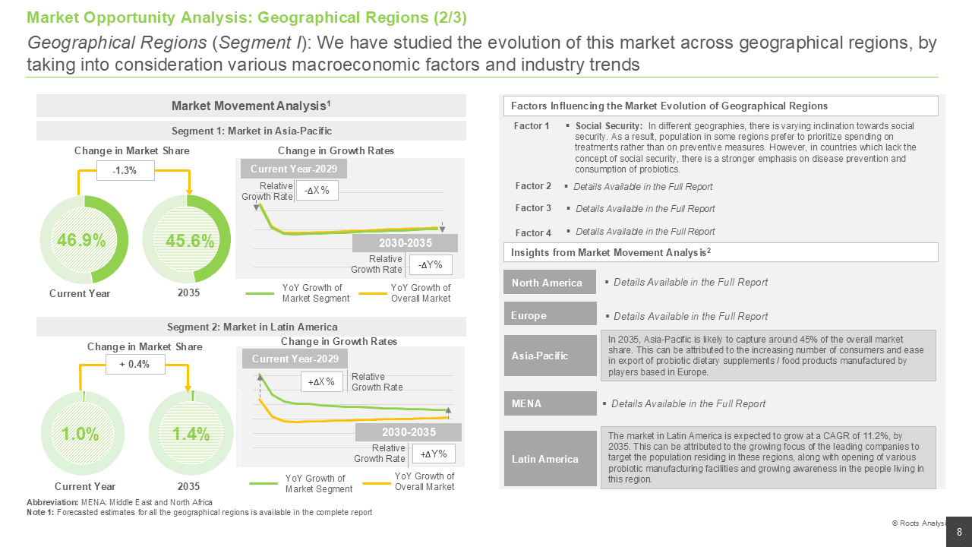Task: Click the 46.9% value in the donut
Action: point(81,240)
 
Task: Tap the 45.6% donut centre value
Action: point(190,241)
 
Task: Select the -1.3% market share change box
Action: point(125,171)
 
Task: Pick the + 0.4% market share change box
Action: point(135,364)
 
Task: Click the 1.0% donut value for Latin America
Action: point(80,434)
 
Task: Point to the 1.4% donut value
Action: point(191,434)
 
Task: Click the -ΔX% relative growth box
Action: point(317,191)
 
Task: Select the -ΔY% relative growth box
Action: point(431,265)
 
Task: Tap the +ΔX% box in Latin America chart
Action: point(321,382)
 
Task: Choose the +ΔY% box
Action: point(434,454)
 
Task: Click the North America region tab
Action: point(550,282)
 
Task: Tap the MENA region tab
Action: point(551,403)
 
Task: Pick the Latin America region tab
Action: point(551,458)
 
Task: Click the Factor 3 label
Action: point(533,208)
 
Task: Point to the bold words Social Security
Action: point(608,126)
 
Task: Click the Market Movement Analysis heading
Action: point(251,106)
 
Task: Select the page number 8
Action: point(959,533)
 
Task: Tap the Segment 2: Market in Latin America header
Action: point(252,327)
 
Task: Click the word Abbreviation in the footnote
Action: point(52,502)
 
